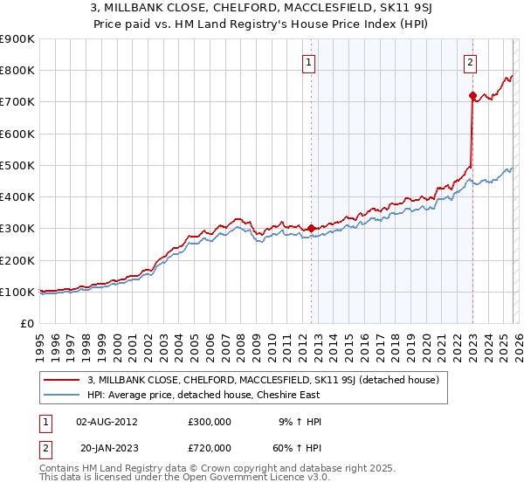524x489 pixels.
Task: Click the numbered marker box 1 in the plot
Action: pos(310,62)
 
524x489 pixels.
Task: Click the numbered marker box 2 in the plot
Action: pos(470,62)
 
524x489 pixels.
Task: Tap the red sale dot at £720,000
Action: pos(472,95)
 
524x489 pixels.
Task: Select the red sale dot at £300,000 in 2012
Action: pos(311,228)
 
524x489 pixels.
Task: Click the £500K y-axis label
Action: pos(17,165)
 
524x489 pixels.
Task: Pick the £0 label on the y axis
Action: pos(27,323)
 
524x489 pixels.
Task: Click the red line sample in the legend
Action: pos(62,380)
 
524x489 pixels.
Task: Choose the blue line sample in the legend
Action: pos(62,395)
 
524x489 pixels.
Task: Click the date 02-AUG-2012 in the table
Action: pos(107,421)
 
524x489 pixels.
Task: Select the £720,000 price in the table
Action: pos(210,450)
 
